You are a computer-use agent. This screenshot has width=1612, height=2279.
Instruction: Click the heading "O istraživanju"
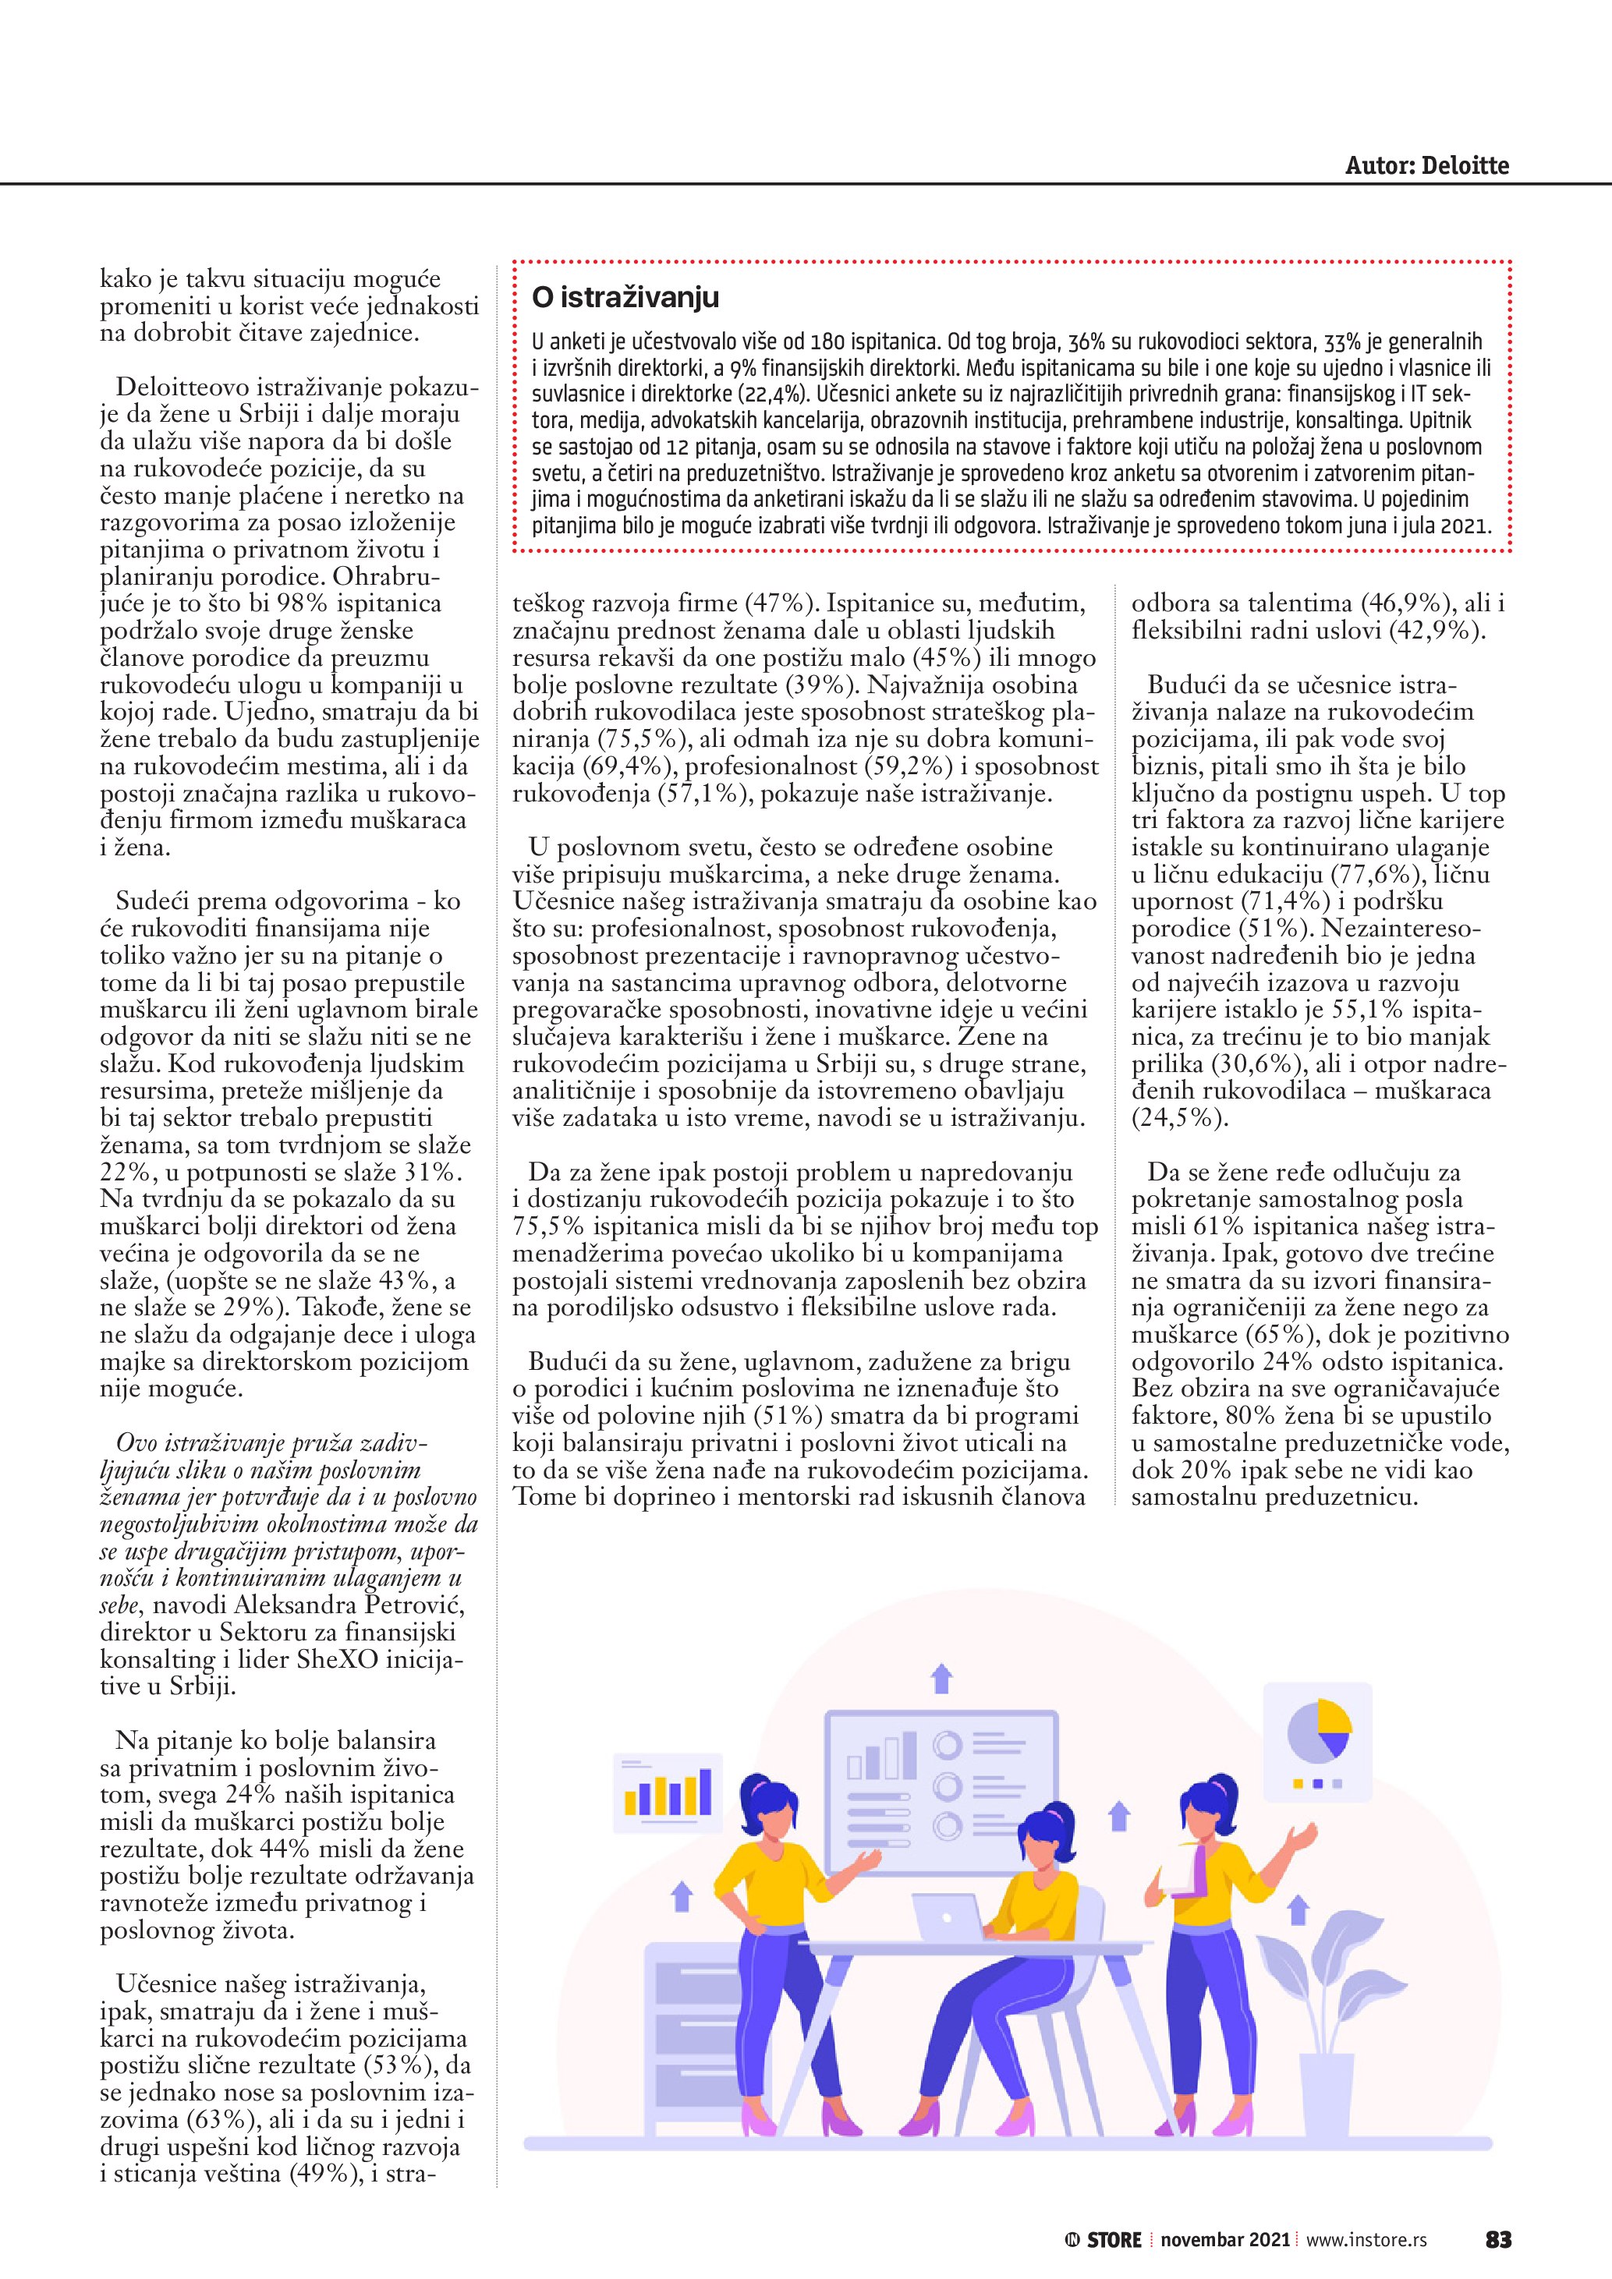tap(625, 297)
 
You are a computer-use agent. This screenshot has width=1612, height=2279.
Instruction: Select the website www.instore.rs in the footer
tap(1366, 2239)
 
